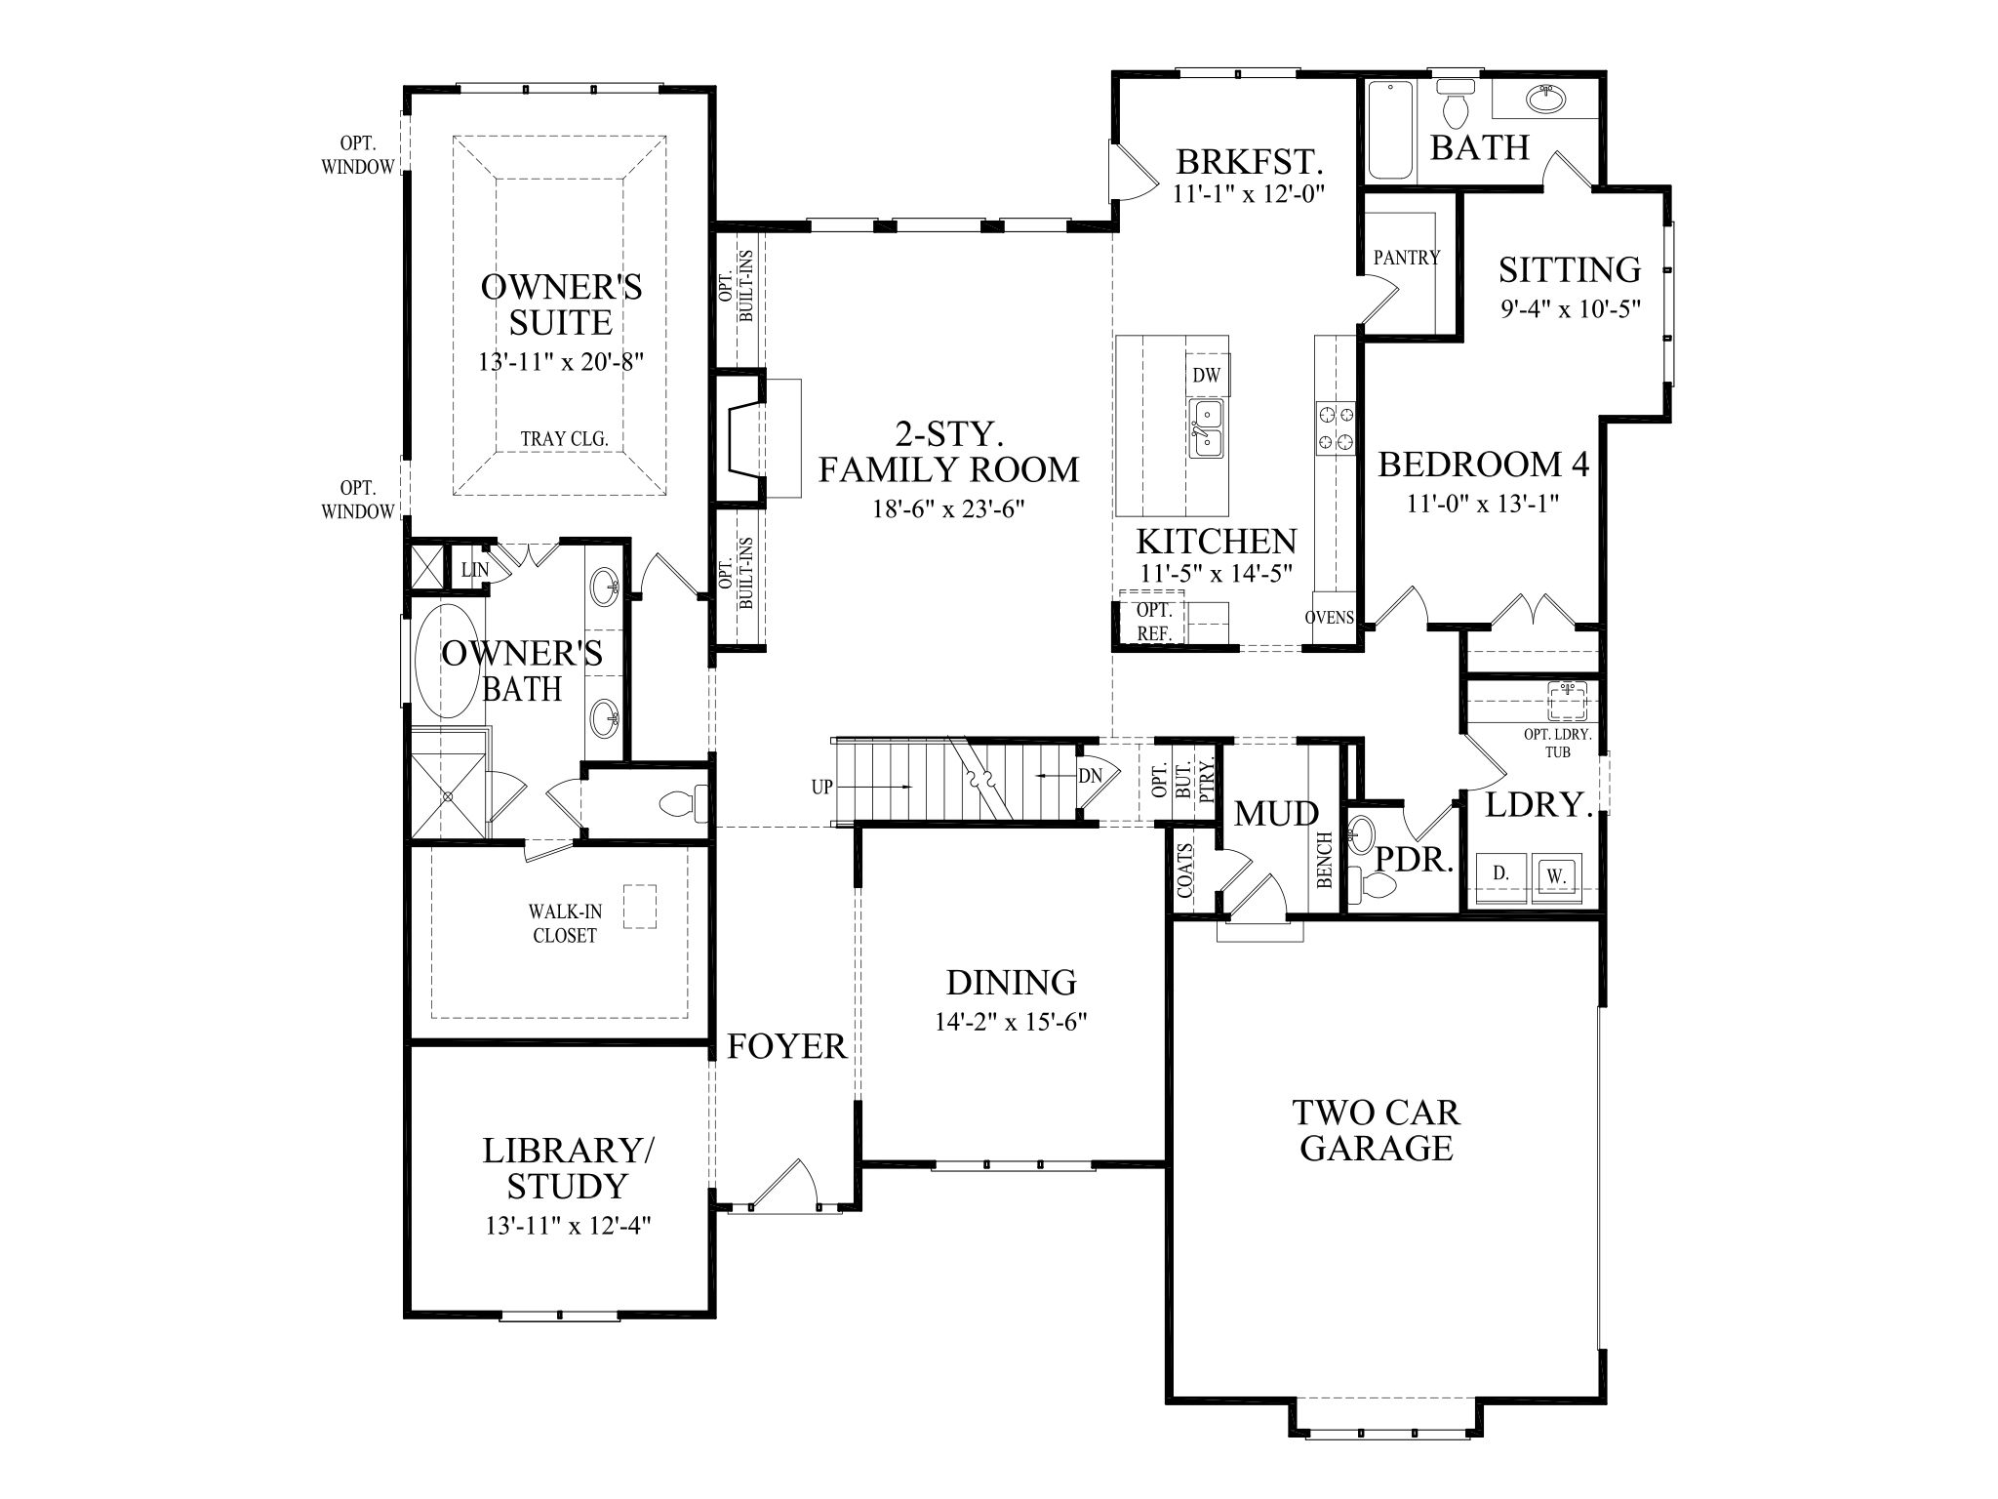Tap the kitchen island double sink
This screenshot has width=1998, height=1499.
tap(1206, 429)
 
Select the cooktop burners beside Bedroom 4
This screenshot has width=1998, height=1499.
tap(1336, 427)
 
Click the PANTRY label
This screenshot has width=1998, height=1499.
tap(1406, 258)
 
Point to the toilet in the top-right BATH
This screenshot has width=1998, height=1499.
tap(1455, 106)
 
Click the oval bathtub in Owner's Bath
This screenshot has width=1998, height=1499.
tap(447, 662)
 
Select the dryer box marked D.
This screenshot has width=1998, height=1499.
tap(1500, 874)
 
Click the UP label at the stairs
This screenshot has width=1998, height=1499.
tap(821, 787)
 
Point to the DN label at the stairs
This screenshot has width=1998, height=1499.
tap(1090, 776)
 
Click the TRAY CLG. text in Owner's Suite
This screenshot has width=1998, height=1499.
tap(564, 439)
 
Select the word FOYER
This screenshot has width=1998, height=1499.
tap(786, 1047)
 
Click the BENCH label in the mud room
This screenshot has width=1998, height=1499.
tap(1325, 860)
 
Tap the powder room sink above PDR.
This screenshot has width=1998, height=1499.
tap(1360, 835)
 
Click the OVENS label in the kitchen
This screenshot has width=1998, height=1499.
tap(1330, 618)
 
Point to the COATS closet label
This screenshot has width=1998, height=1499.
tap(1186, 871)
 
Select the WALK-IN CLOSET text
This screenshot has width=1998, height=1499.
tap(564, 923)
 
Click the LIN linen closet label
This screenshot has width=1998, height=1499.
tap(474, 569)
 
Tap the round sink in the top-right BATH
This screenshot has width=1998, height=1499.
tap(1543, 99)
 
